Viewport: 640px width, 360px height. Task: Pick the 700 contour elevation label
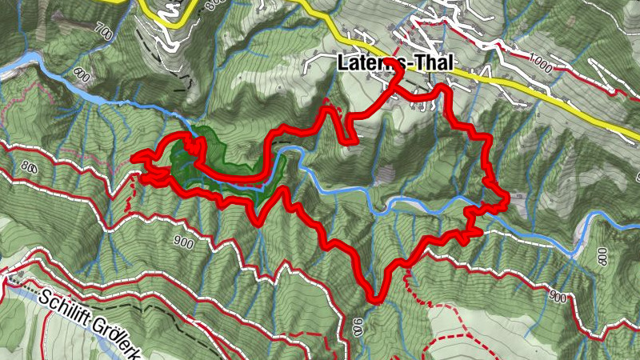click(x=102, y=33)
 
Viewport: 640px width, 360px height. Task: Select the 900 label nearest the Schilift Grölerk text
click(x=183, y=241)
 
